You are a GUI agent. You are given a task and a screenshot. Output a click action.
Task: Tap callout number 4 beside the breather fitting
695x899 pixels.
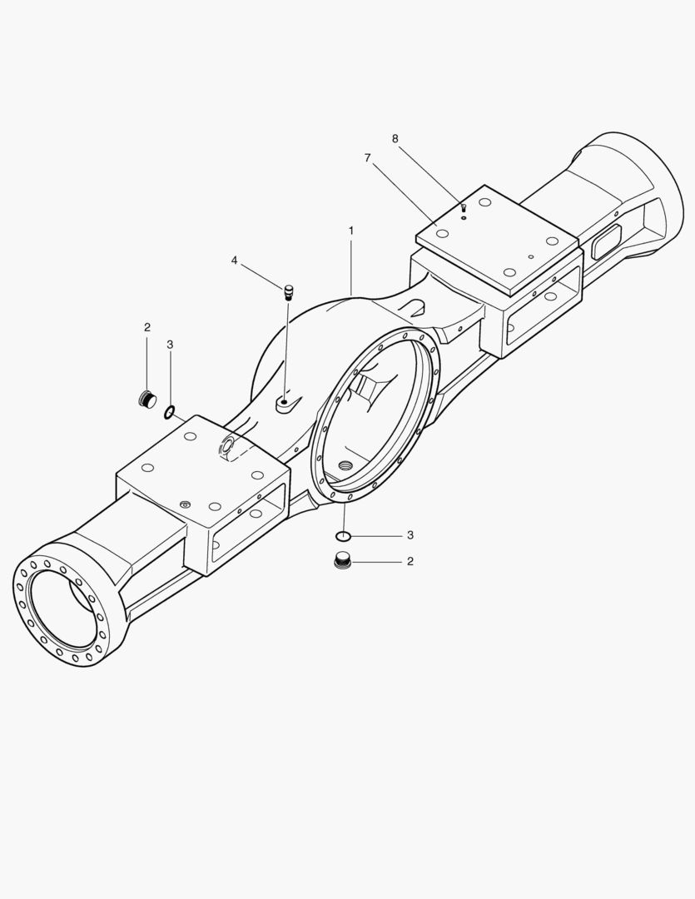point(235,261)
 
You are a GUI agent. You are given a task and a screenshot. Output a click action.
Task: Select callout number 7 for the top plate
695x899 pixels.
point(367,156)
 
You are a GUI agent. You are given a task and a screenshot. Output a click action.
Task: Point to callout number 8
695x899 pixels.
point(395,137)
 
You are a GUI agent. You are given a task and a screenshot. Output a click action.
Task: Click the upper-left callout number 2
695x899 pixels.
point(147,327)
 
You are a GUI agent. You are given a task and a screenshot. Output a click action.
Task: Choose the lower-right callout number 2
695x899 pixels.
point(410,562)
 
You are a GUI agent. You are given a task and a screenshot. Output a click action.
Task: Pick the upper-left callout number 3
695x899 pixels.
point(170,344)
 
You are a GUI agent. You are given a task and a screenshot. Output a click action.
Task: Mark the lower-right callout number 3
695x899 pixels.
point(410,534)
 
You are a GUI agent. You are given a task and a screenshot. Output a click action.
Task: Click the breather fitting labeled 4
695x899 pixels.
point(288,292)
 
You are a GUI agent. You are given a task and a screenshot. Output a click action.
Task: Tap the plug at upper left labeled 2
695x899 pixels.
point(147,400)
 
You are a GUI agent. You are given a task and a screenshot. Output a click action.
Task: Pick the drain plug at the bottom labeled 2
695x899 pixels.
point(342,561)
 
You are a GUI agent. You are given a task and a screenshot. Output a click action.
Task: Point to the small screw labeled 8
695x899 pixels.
point(464,208)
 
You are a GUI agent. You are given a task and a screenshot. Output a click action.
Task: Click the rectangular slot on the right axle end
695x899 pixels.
point(606,241)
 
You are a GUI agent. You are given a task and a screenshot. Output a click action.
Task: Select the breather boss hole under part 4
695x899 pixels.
point(284,403)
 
